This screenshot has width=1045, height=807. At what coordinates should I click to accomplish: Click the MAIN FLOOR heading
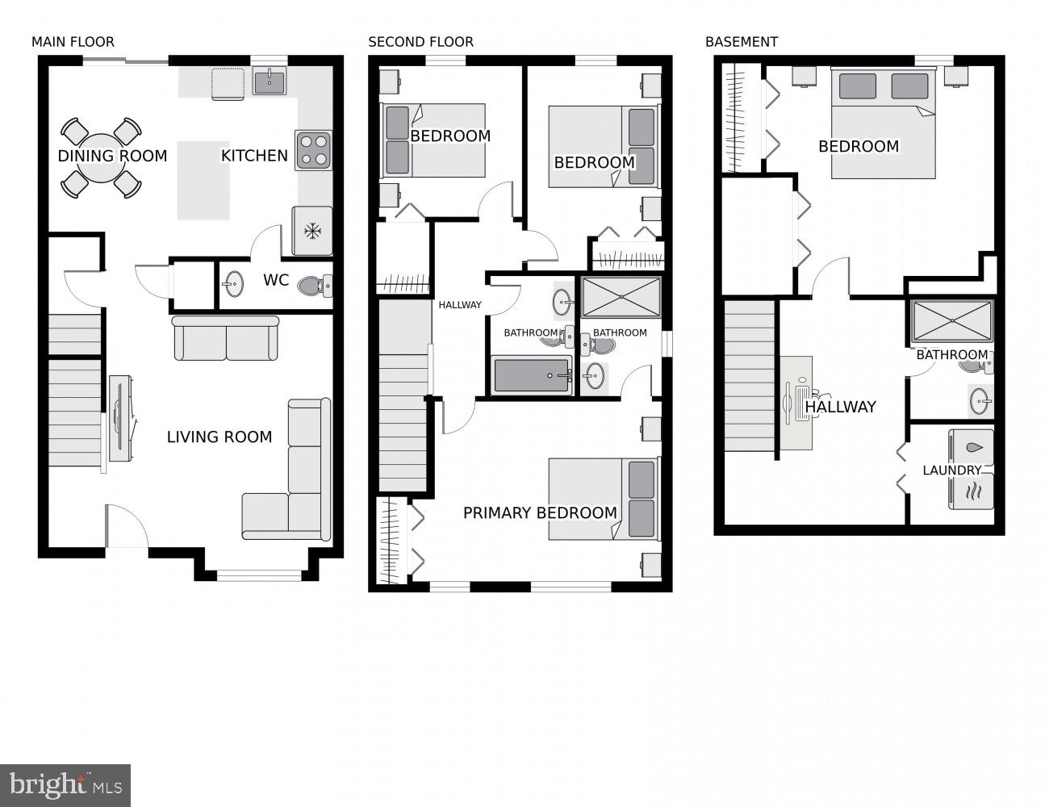[x=73, y=42]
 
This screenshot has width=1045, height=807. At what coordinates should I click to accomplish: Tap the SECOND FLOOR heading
[x=420, y=42]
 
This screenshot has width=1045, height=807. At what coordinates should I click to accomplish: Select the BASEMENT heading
[x=741, y=42]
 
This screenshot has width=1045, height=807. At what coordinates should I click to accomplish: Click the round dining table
[x=102, y=157]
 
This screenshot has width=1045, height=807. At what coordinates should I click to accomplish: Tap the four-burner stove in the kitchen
[x=314, y=150]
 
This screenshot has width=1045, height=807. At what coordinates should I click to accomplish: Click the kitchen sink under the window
[x=269, y=81]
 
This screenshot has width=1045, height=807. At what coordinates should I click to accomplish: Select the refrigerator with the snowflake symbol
[x=311, y=231]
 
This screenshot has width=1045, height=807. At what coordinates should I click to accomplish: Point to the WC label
[x=276, y=280]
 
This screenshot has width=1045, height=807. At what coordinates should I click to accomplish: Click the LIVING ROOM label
[x=219, y=437]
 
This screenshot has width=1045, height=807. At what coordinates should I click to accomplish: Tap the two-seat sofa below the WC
[x=226, y=338]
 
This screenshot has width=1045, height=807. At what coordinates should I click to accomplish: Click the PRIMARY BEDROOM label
[x=539, y=512]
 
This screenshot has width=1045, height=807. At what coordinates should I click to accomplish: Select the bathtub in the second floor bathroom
[x=533, y=376]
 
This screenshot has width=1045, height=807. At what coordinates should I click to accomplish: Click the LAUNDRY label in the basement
[x=952, y=470]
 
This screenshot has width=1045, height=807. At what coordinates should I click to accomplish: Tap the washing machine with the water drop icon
[x=972, y=448]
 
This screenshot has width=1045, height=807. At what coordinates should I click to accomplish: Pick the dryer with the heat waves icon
[x=972, y=491]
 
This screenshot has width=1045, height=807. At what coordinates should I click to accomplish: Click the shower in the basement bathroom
[x=952, y=320]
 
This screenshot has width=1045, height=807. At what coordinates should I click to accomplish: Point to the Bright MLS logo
[x=65, y=784]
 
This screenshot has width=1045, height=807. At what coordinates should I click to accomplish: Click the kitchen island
[x=203, y=180]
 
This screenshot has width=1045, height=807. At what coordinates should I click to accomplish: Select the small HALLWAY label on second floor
[x=460, y=305]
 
